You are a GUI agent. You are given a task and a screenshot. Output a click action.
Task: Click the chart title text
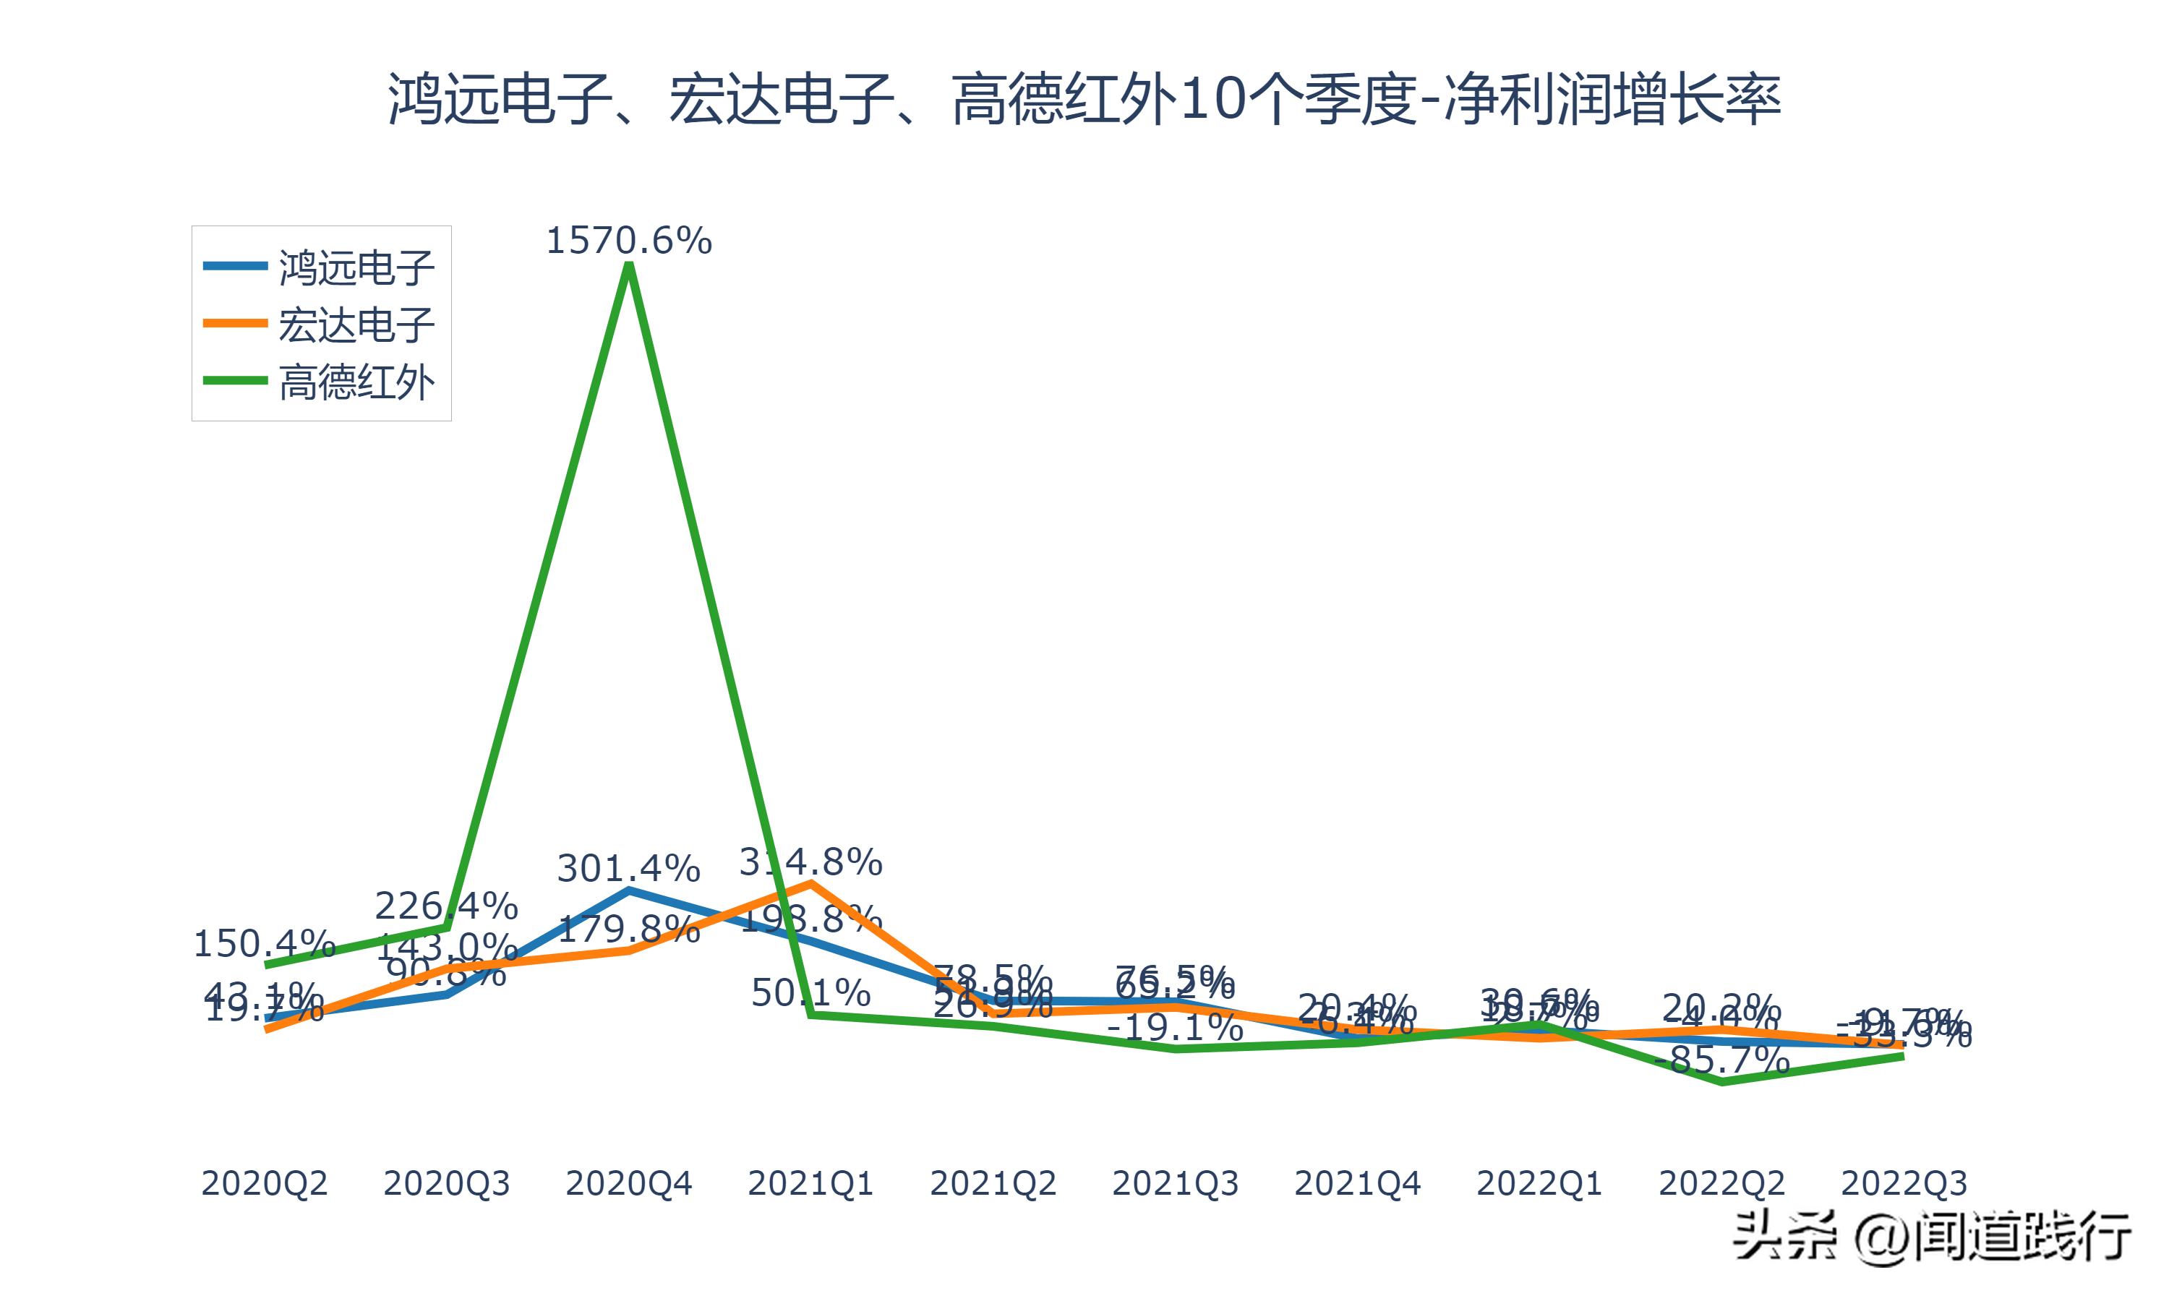click(x=1084, y=99)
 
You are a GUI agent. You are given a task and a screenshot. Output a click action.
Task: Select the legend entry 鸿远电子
click(x=356, y=267)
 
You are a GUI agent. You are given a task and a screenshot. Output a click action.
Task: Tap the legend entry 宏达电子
click(x=356, y=325)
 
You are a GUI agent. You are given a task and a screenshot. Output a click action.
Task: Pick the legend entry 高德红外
click(x=356, y=382)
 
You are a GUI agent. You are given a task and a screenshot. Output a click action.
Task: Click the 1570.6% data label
click(x=628, y=240)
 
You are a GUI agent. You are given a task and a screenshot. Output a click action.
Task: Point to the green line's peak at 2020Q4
click(x=628, y=266)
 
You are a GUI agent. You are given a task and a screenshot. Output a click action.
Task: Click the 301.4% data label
click(x=628, y=868)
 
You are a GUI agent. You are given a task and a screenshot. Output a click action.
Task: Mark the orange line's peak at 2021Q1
click(x=811, y=882)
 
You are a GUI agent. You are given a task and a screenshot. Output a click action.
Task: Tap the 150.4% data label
click(x=264, y=943)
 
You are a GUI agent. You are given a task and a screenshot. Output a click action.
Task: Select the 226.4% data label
click(x=446, y=905)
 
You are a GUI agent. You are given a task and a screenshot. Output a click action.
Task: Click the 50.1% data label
click(x=811, y=992)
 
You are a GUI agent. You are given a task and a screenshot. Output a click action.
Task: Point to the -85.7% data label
click(x=1722, y=1061)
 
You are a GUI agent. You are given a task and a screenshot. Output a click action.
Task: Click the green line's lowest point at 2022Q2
click(x=1722, y=1082)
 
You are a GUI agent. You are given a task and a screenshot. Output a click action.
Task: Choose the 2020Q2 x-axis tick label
click(x=264, y=1183)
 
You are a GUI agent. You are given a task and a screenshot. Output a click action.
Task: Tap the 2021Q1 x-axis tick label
click(x=811, y=1183)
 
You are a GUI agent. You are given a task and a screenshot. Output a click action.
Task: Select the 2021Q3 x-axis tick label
click(x=1175, y=1183)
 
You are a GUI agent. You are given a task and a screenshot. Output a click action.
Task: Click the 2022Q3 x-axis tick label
click(x=1904, y=1183)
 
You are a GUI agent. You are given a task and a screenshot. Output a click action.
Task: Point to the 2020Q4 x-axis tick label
click(x=628, y=1183)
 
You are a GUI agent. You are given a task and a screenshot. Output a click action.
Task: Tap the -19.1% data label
click(x=1175, y=1026)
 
